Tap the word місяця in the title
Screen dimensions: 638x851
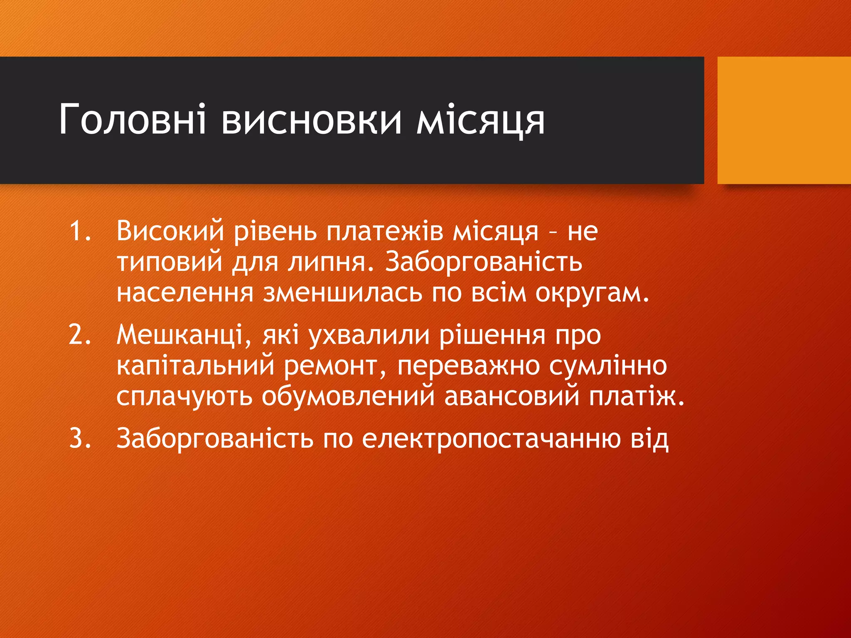tap(480, 121)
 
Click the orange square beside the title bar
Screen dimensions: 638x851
tap(784, 120)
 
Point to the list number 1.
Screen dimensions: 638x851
tap(79, 231)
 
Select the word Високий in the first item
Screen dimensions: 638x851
tap(170, 231)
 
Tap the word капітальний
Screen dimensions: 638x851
tap(195, 366)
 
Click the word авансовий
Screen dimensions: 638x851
tap(512, 396)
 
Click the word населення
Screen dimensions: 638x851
tap(185, 293)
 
